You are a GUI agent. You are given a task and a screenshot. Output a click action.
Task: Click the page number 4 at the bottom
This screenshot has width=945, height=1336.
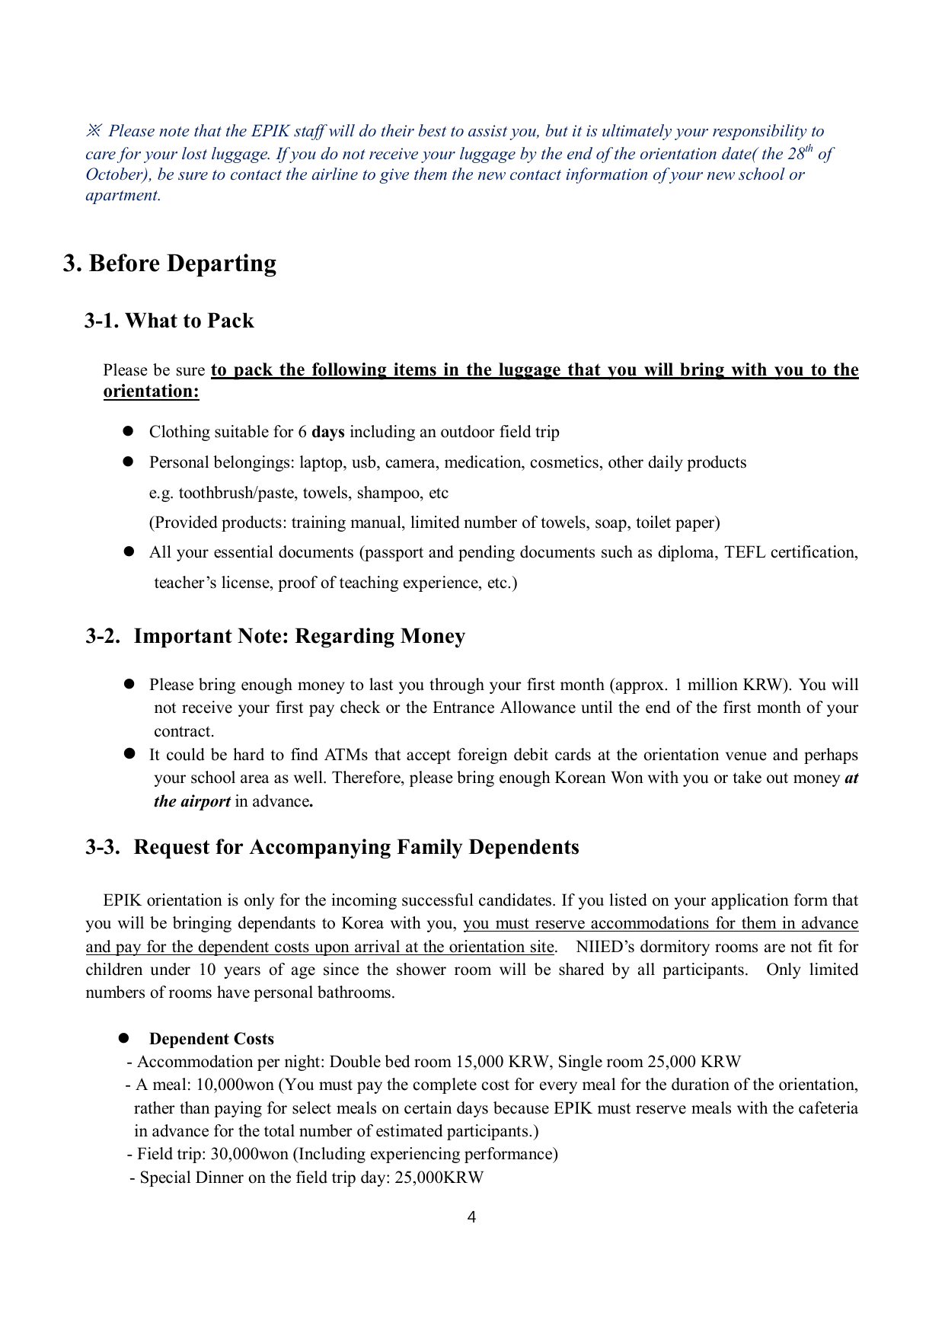[x=471, y=1217]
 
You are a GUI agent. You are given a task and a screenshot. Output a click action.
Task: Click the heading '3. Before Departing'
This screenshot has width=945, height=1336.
[x=169, y=264]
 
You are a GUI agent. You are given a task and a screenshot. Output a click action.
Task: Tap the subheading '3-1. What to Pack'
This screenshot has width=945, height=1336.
[x=169, y=321]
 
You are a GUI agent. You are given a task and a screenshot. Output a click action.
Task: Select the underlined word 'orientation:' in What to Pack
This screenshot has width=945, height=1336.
[x=151, y=392]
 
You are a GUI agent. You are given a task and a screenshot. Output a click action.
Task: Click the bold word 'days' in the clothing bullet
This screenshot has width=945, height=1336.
[x=328, y=432]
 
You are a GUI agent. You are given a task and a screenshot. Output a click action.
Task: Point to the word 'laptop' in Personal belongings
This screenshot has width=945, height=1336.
[x=321, y=462]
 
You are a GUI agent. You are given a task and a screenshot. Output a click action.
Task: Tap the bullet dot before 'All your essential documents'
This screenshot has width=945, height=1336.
[x=129, y=551]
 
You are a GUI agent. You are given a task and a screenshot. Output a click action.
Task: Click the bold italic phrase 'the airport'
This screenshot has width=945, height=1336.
[x=192, y=801]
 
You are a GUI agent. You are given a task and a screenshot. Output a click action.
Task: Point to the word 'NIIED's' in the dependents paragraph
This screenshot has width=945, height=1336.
[x=608, y=947]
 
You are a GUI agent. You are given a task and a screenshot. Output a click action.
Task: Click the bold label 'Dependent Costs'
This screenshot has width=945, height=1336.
[x=211, y=1039]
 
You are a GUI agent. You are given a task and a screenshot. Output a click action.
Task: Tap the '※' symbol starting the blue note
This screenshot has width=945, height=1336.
[x=93, y=131]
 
